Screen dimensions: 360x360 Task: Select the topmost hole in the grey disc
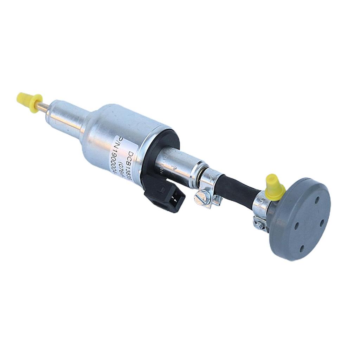click(x=317, y=199)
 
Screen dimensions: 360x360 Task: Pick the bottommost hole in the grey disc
click(x=302, y=248)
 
